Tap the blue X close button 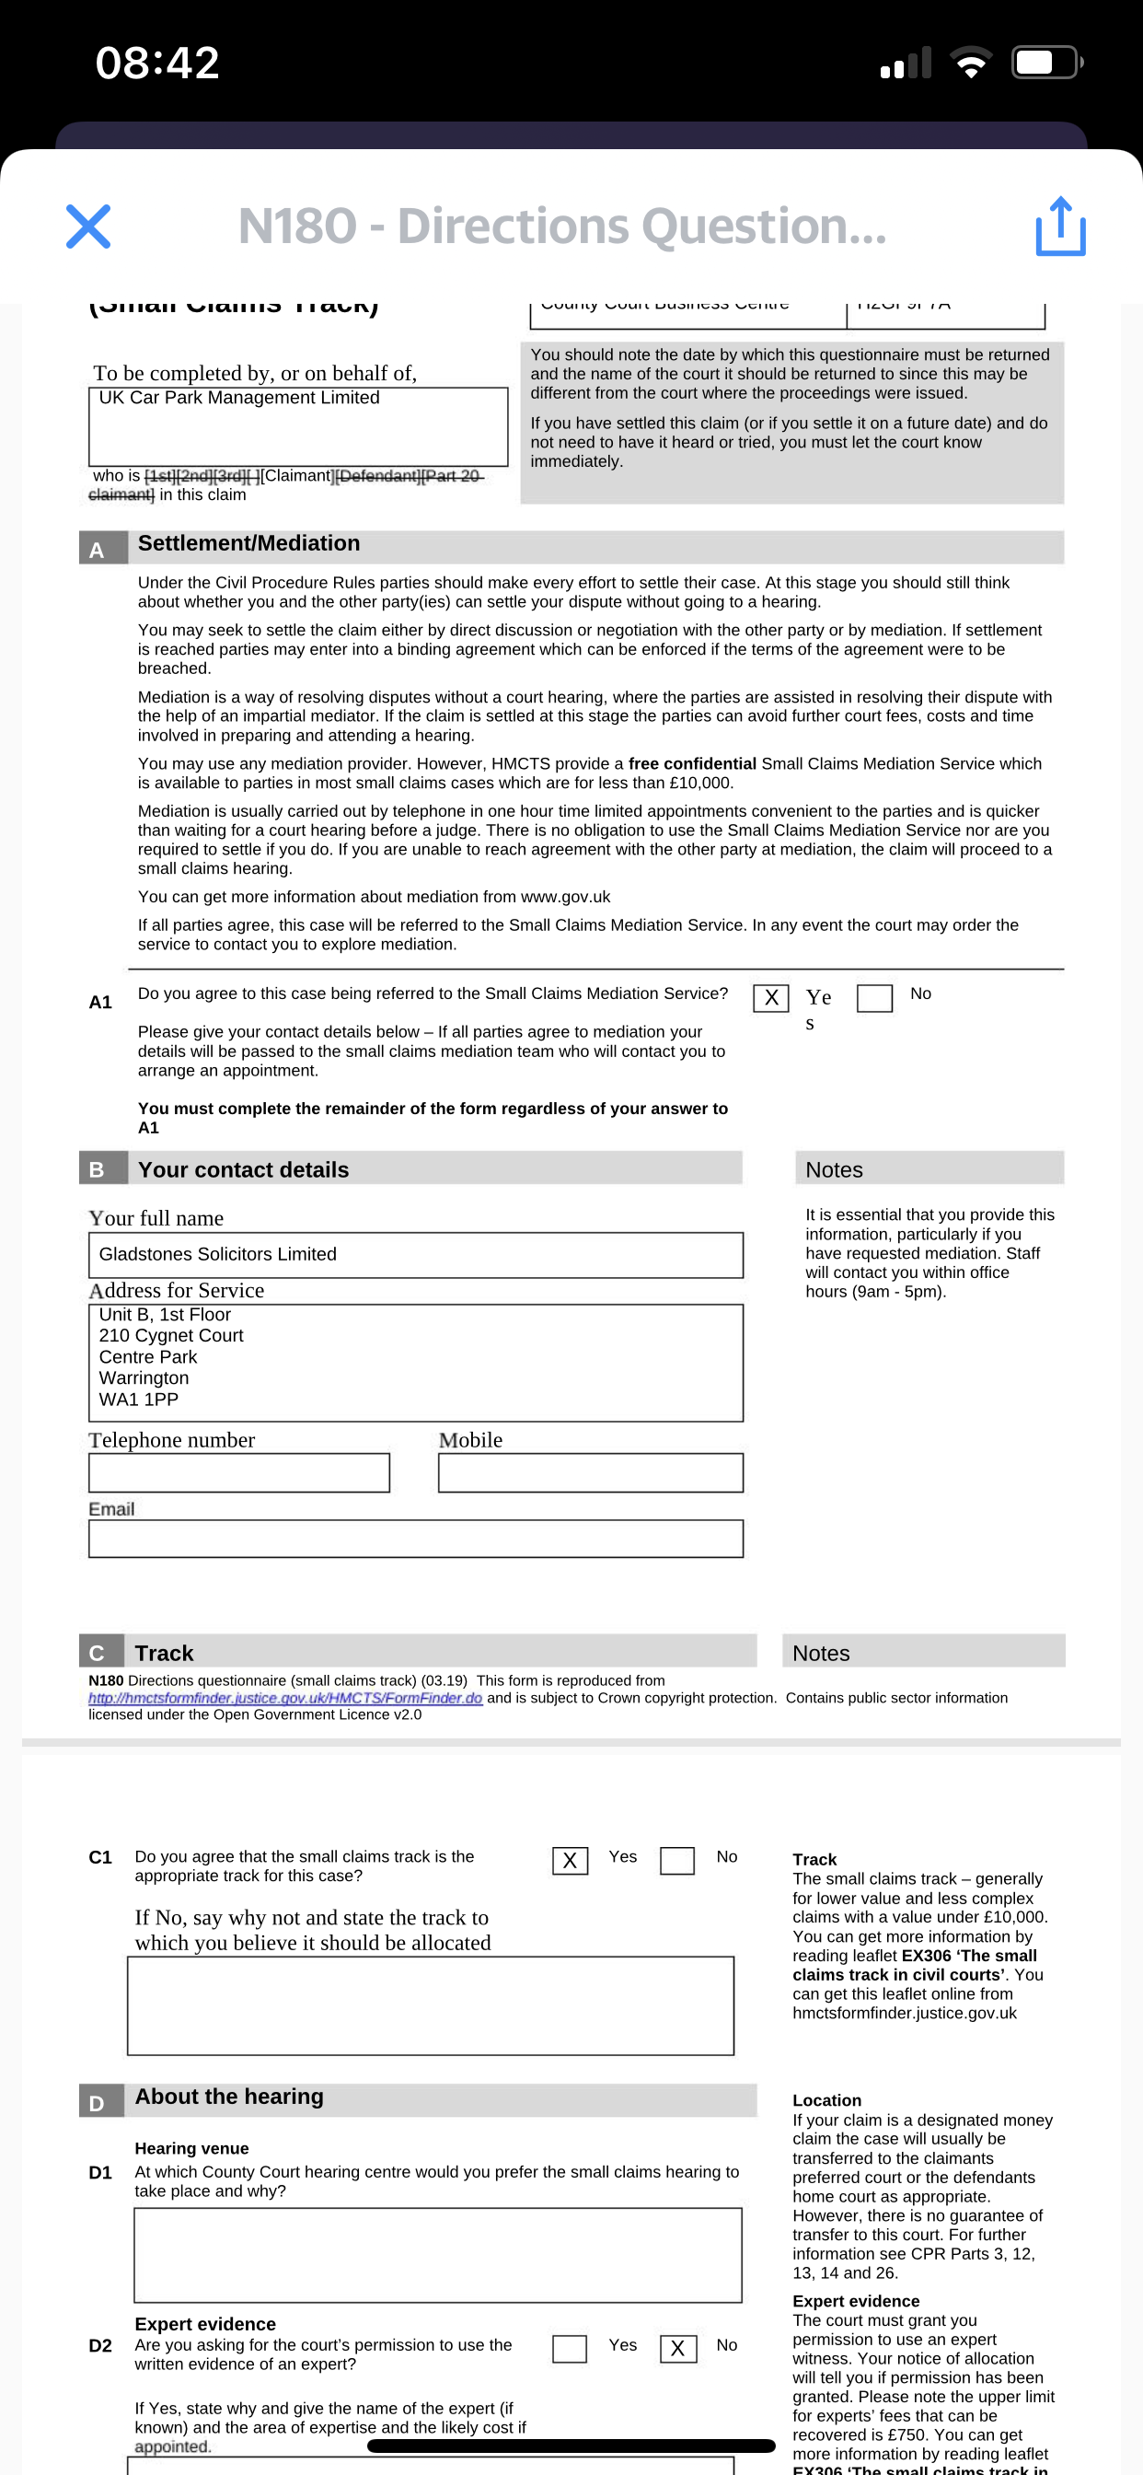point(88,227)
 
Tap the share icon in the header point(1060,227)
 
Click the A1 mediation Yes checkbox point(770,998)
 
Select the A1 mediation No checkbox point(874,998)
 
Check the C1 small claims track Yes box point(570,1861)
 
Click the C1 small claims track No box point(677,1861)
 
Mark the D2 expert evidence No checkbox point(678,2349)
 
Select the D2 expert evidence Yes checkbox point(570,2349)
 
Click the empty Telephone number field point(239,1473)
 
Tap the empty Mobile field point(591,1473)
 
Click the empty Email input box point(416,1539)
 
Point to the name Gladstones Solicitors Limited point(218,1254)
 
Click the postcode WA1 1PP point(139,1400)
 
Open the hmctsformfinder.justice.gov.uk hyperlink point(285,1698)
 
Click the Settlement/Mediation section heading point(248,544)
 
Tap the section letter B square point(97,1169)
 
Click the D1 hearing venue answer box point(438,2255)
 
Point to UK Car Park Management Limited point(239,398)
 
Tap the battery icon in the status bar point(1046,64)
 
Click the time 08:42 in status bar point(157,64)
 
